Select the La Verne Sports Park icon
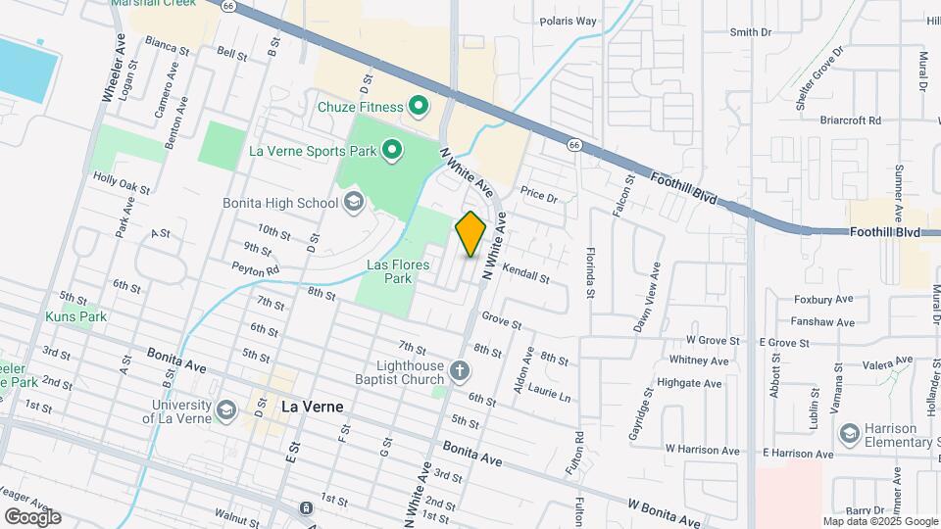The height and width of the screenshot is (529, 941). (x=392, y=150)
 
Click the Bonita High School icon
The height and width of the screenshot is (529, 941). (x=353, y=203)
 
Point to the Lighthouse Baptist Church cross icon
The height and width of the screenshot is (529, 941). (x=461, y=371)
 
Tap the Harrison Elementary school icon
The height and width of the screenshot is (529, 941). (x=849, y=432)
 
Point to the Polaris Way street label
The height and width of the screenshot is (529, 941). (x=568, y=21)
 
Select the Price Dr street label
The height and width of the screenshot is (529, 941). (x=538, y=196)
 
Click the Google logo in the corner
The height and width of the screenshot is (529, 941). (x=32, y=517)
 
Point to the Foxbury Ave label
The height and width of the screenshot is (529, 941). (x=824, y=300)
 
